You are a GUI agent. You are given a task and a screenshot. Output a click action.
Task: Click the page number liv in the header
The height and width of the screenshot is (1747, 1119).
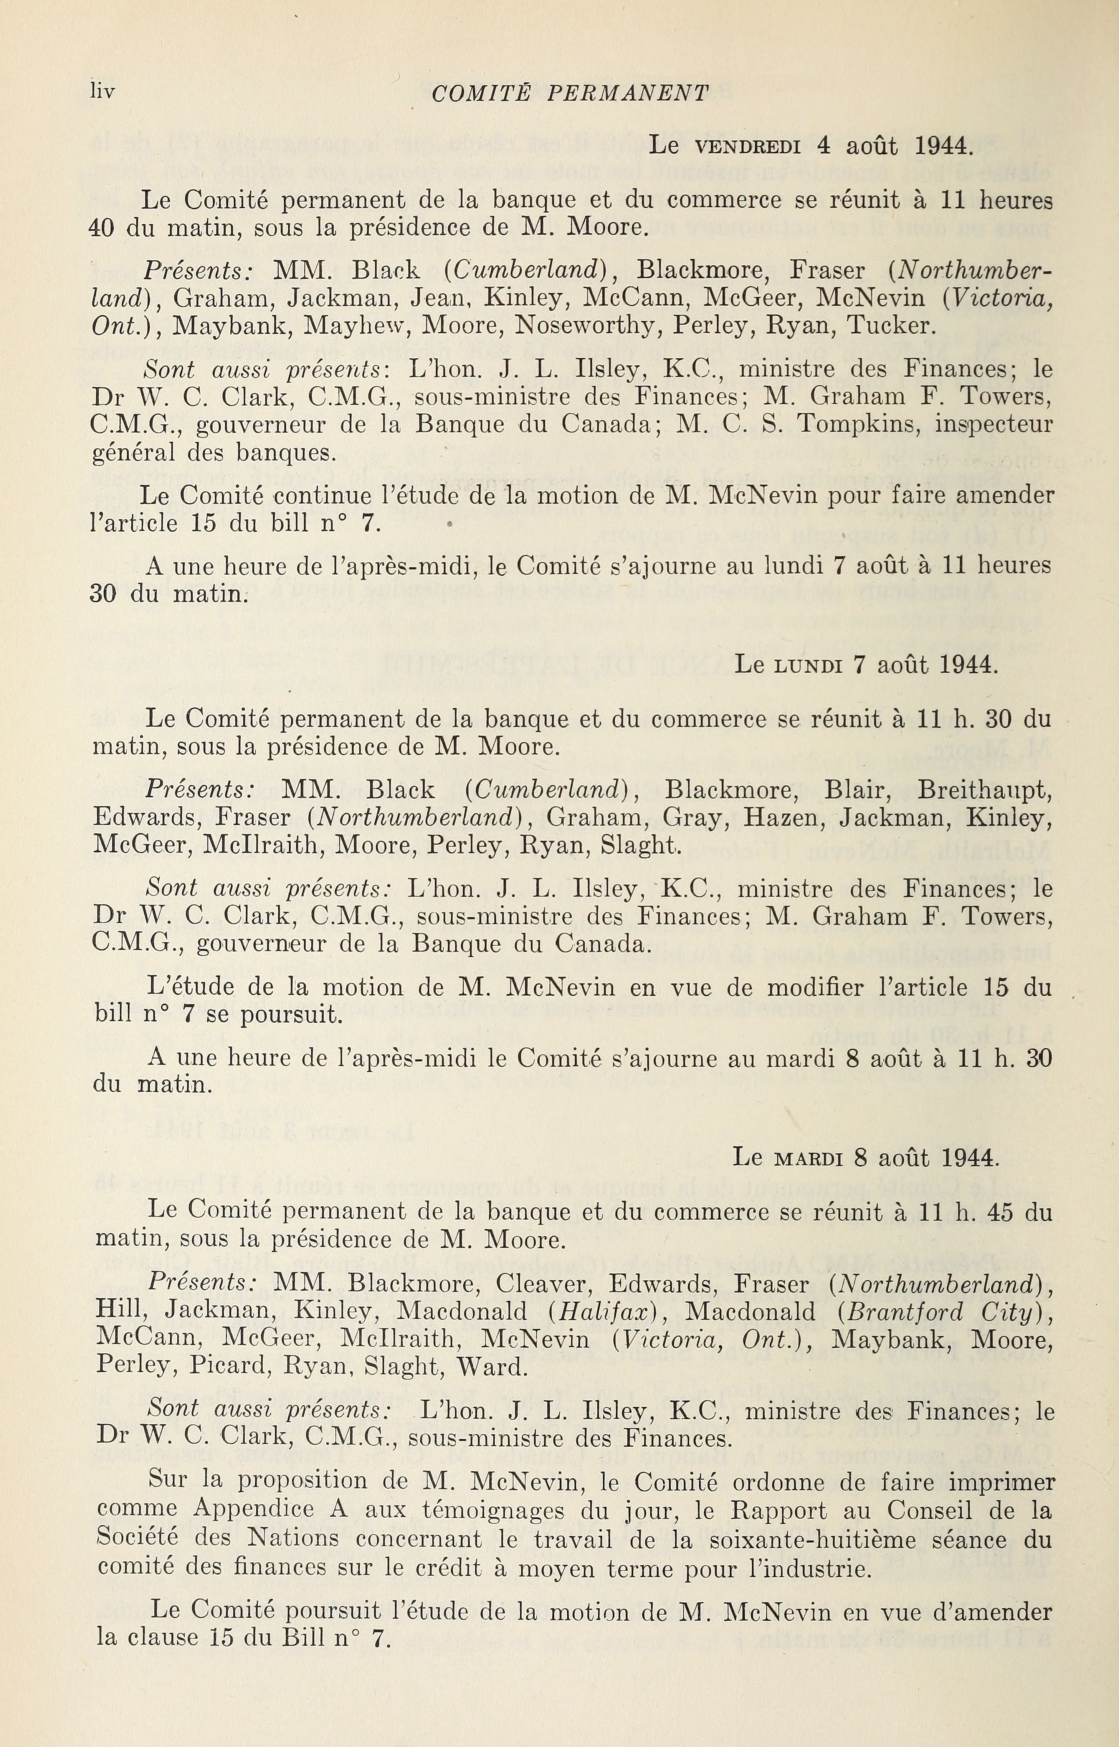[x=102, y=91]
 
